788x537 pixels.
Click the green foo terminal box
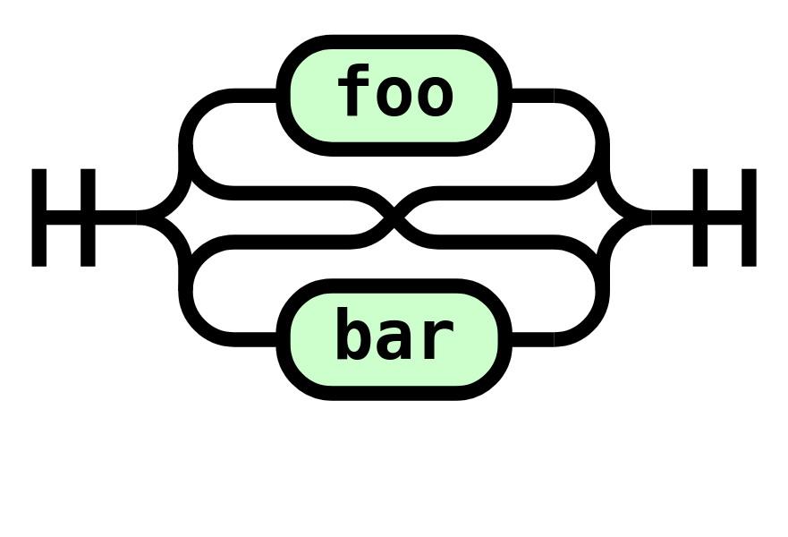tap(394, 94)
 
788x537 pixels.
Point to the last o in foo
tap(435, 95)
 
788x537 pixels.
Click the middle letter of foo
tap(394, 95)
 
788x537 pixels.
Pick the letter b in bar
tap(354, 334)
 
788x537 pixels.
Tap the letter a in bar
tap(394, 338)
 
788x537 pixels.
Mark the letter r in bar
tap(436, 338)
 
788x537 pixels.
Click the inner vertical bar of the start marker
tap(88, 217)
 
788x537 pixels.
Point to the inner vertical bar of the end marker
tap(700, 217)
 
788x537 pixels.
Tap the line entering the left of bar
tap(255, 338)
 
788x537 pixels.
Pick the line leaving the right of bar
tap(534, 338)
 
